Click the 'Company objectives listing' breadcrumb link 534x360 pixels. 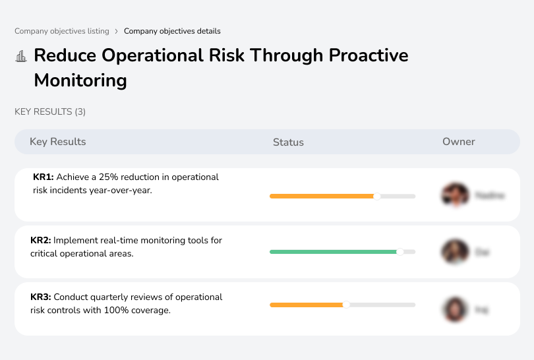[x=63, y=31]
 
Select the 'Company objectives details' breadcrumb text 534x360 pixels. [x=172, y=31]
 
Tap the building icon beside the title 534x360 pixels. [x=21, y=56]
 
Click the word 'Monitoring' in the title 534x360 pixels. [x=80, y=80]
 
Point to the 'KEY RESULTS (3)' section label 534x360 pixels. [x=50, y=112]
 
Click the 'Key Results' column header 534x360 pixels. [x=57, y=142]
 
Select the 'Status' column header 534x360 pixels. [x=288, y=142]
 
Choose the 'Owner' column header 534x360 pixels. [x=459, y=142]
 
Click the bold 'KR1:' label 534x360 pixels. [x=43, y=177]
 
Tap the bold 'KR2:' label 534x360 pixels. [x=41, y=241]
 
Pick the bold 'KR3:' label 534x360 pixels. [x=41, y=297]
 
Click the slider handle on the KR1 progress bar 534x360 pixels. [x=377, y=196]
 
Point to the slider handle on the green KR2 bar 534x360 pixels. [x=400, y=252]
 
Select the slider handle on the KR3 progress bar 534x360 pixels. [x=346, y=305]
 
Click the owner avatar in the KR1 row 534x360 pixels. [x=455, y=195]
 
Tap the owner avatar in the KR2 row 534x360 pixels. [x=455, y=252]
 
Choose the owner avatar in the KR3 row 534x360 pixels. [x=455, y=309]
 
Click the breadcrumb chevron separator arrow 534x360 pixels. [x=116, y=31]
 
